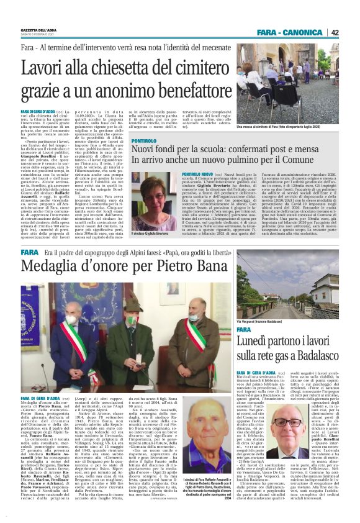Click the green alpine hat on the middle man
132,305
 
